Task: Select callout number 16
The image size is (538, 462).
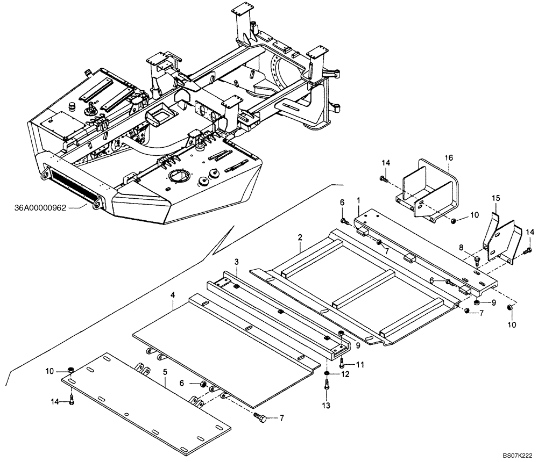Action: tap(449, 157)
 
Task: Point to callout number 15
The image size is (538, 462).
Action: tap(496, 198)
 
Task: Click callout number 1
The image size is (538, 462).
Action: tap(358, 200)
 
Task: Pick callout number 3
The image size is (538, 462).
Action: tap(236, 261)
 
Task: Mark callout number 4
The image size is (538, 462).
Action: tap(172, 295)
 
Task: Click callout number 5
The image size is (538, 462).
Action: tap(165, 371)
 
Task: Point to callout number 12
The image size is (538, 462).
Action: tap(345, 374)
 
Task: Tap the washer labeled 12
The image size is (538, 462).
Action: tap(328, 373)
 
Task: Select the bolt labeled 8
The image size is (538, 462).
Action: tap(477, 261)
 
